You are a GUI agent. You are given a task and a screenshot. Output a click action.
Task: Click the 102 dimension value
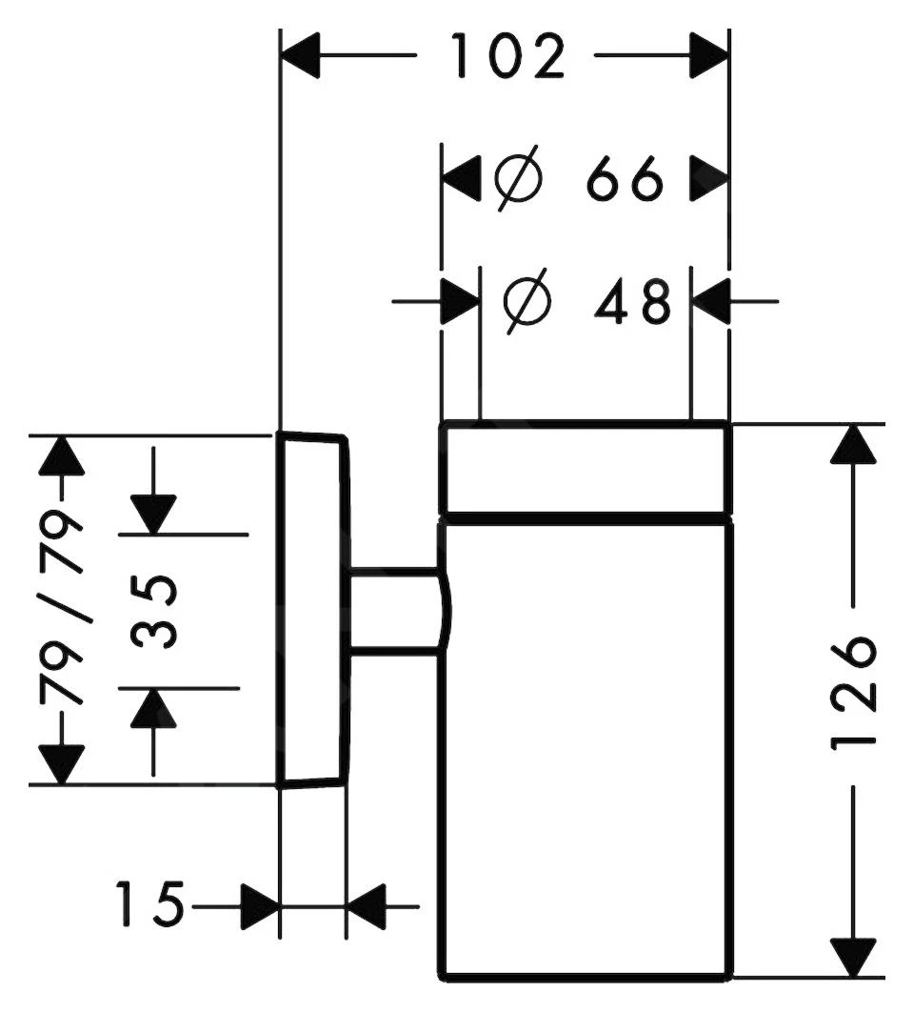pyautogui.click(x=507, y=57)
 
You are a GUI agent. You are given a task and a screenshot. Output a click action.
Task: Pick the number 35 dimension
pyautogui.click(x=153, y=611)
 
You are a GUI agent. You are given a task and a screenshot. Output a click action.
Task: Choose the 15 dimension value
pyautogui.click(x=149, y=904)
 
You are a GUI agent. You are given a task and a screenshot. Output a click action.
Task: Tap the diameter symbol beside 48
pyautogui.click(x=527, y=303)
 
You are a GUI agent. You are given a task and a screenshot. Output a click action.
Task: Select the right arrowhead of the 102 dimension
pyautogui.click(x=708, y=57)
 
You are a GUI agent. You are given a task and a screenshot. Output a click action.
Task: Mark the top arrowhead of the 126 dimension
pyautogui.click(x=854, y=445)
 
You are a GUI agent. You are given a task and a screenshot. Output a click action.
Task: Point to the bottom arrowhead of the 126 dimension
pyautogui.click(x=854, y=956)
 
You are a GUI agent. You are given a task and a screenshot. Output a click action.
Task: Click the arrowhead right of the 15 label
pyautogui.click(x=259, y=904)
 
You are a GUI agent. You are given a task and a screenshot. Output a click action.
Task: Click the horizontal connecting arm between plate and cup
pyautogui.click(x=396, y=611)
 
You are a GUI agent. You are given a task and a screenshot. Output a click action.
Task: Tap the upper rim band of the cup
pyautogui.click(x=585, y=469)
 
